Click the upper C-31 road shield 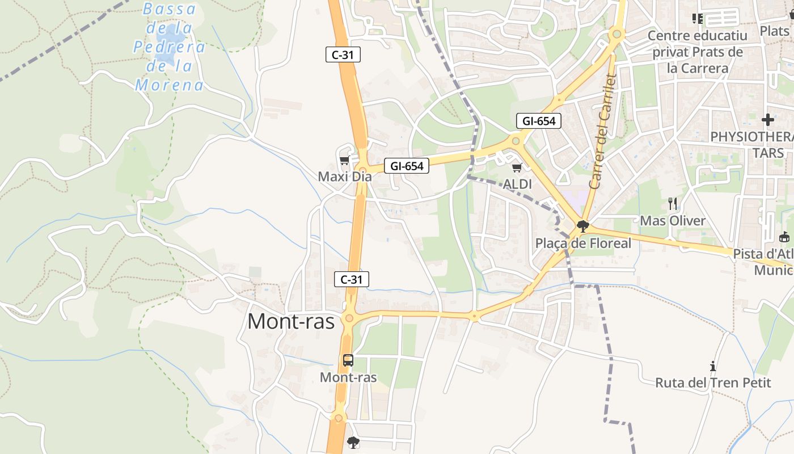[x=343, y=54]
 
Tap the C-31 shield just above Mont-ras [x=352, y=279]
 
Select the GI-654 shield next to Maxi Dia [x=407, y=166]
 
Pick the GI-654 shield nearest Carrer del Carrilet [x=538, y=120]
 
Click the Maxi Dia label [x=345, y=176]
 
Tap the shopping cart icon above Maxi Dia [x=344, y=161]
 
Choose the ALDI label [x=517, y=184]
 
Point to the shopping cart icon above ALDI [x=517, y=167]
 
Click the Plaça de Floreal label [x=583, y=243]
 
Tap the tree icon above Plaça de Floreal [x=582, y=227]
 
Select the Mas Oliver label [x=673, y=220]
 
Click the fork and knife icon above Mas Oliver [x=673, y=204]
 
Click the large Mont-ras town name [x=291, y=321]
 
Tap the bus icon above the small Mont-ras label [x=348, y=360]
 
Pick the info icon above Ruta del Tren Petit [x=713, y=366]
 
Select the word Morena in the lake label [x=169, y=86]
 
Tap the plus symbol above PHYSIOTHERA [x=768, y=120]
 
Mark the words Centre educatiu [x=698, y=36]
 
